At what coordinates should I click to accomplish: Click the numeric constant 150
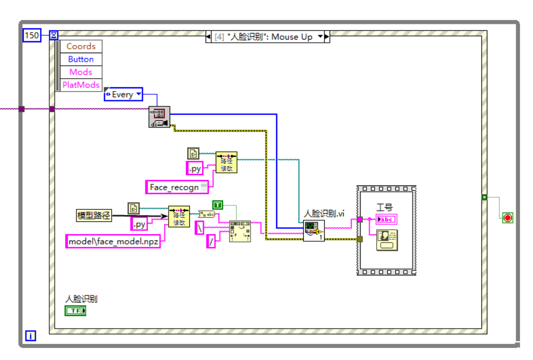[31, 35]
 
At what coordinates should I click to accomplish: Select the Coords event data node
[81, 47]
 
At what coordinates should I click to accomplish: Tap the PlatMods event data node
[81, 85]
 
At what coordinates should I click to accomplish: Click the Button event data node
[81, 59]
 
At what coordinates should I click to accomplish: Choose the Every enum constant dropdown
[123, 94]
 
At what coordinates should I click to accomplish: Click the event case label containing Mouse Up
[267, 37]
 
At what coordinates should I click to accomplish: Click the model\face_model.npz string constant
[113, 241]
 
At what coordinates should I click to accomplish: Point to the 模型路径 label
[94, 216]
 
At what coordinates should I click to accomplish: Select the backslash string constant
[200, 228]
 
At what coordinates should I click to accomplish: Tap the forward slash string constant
[211, 241]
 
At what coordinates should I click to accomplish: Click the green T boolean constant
[217, 204]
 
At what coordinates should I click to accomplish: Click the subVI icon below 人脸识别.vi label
[313, 230]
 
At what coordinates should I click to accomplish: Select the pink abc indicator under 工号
[386, 219]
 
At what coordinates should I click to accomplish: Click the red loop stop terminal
[508, 218]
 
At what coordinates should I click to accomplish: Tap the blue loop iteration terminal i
[30, 336]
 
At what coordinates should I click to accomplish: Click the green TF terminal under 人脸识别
[75, 311]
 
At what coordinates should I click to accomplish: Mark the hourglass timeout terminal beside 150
[54, 35]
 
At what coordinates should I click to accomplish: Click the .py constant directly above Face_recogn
[195, 169]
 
